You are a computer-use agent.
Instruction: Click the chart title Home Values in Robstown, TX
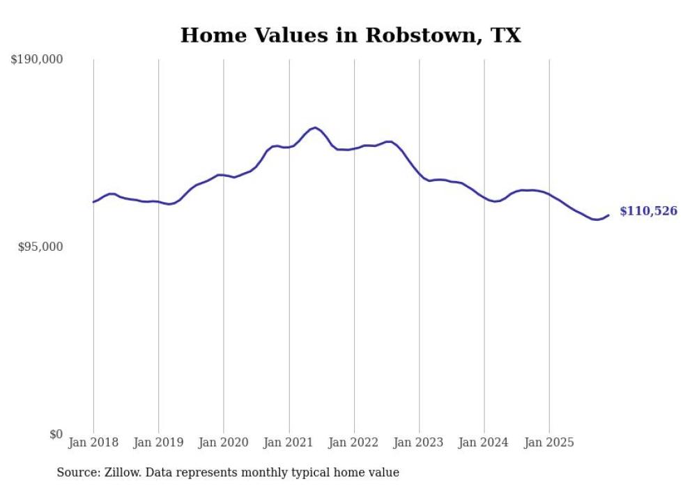[x=351, y=36]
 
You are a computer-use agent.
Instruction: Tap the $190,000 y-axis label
[x=37, y=60]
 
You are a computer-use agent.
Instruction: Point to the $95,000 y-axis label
[x=40, y=247]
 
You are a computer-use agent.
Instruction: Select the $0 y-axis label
[x=56, y=435]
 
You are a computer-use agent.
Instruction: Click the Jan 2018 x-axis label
[x=93, y=442]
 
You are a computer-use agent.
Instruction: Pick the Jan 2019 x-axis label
[x=158, y=442]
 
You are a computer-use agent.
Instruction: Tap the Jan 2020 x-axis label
[x=224, y=442]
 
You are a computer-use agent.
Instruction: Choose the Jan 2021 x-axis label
[x=289, y=442]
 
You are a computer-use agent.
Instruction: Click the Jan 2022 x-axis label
[x=354, y=442]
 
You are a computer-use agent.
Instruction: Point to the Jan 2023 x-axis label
[x=420, y=442]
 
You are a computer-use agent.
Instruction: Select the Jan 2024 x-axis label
[x=484, y=442]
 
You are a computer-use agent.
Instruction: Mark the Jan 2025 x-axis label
[x=549, y=442]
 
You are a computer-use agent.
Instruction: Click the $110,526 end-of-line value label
[x=648, y=211]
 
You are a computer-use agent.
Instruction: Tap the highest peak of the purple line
[x=316, y=127]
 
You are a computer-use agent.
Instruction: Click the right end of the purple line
[x=608, y=215]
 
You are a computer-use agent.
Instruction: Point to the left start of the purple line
[x=93, y=202]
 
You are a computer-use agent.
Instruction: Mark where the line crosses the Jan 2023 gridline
[x=420, y=176]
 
